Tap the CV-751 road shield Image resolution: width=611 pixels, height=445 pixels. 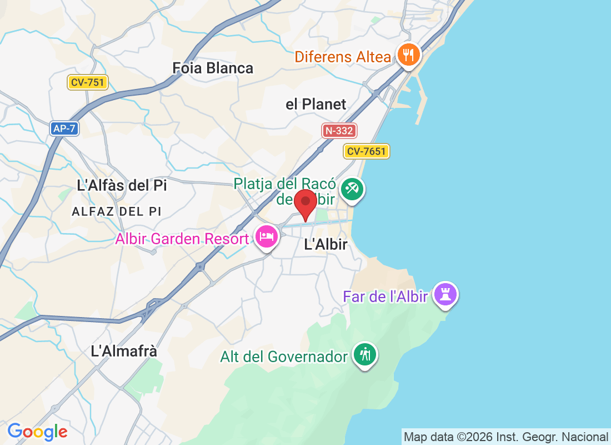[88, 83]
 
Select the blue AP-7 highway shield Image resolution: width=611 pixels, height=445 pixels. [64, 128]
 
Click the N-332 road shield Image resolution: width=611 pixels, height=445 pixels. [339, 131]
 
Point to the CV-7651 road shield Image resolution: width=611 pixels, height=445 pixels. [367, 151]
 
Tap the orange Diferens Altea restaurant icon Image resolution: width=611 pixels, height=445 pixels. [409, 55]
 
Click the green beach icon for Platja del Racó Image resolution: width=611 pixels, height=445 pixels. [352, 189]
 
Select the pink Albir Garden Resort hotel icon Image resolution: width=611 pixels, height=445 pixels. [267, 237]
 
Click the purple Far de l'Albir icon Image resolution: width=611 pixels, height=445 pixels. [445, 294]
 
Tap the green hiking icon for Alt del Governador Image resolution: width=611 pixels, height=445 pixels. [365, 354]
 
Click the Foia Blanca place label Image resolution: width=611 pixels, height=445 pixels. [213, 68]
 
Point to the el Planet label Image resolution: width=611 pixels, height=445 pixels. [315, 104]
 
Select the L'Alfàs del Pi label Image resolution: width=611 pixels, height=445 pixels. [122, 185]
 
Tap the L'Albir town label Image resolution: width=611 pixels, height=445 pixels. [325, 244]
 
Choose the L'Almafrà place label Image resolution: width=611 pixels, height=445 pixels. [124, 351]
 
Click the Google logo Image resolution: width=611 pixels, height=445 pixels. [37, 432]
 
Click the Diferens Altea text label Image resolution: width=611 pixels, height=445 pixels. [343, 57]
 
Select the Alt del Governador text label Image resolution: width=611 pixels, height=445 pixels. [284, 357]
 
